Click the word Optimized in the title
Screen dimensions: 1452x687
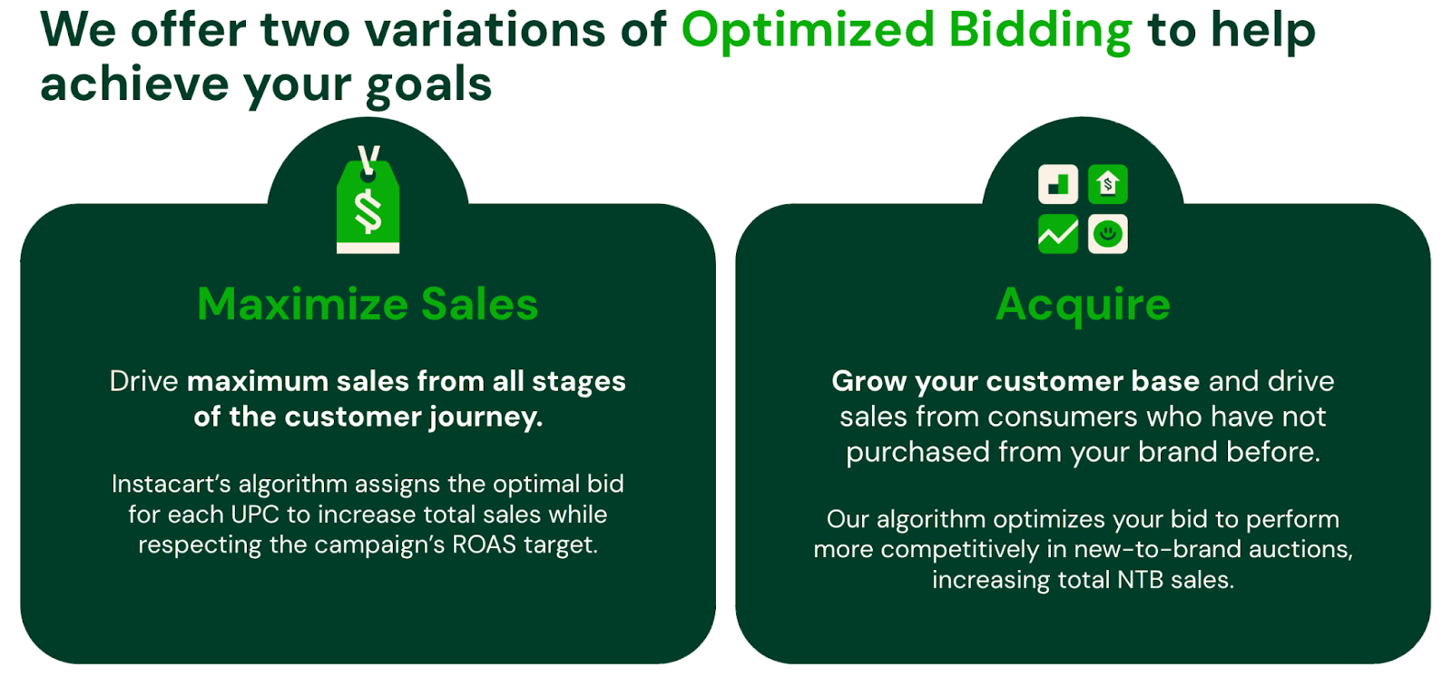pyautogui.click(x=807, y=31)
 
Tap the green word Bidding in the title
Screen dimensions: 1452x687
pyautogui.click(x=1040, y=31)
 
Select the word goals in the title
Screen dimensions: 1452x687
pyautogui.click(x=428, y=85)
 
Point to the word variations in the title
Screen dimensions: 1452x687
pyautogui.click(x=485, y=30)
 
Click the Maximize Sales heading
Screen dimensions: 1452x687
pyautogui.click(x=368, y=303)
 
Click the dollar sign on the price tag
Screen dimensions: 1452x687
pyautogui.click(x=368, y=211)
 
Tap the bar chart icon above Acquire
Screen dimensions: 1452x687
pyautogui.click(x=1058, y=184)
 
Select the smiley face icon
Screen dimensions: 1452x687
pyautogui.click(x=1108, y=233)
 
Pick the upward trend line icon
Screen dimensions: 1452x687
pyautogui.click(x=1058, y=233)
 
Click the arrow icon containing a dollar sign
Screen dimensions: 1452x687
pyautogui.click(x=1108, y=184)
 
